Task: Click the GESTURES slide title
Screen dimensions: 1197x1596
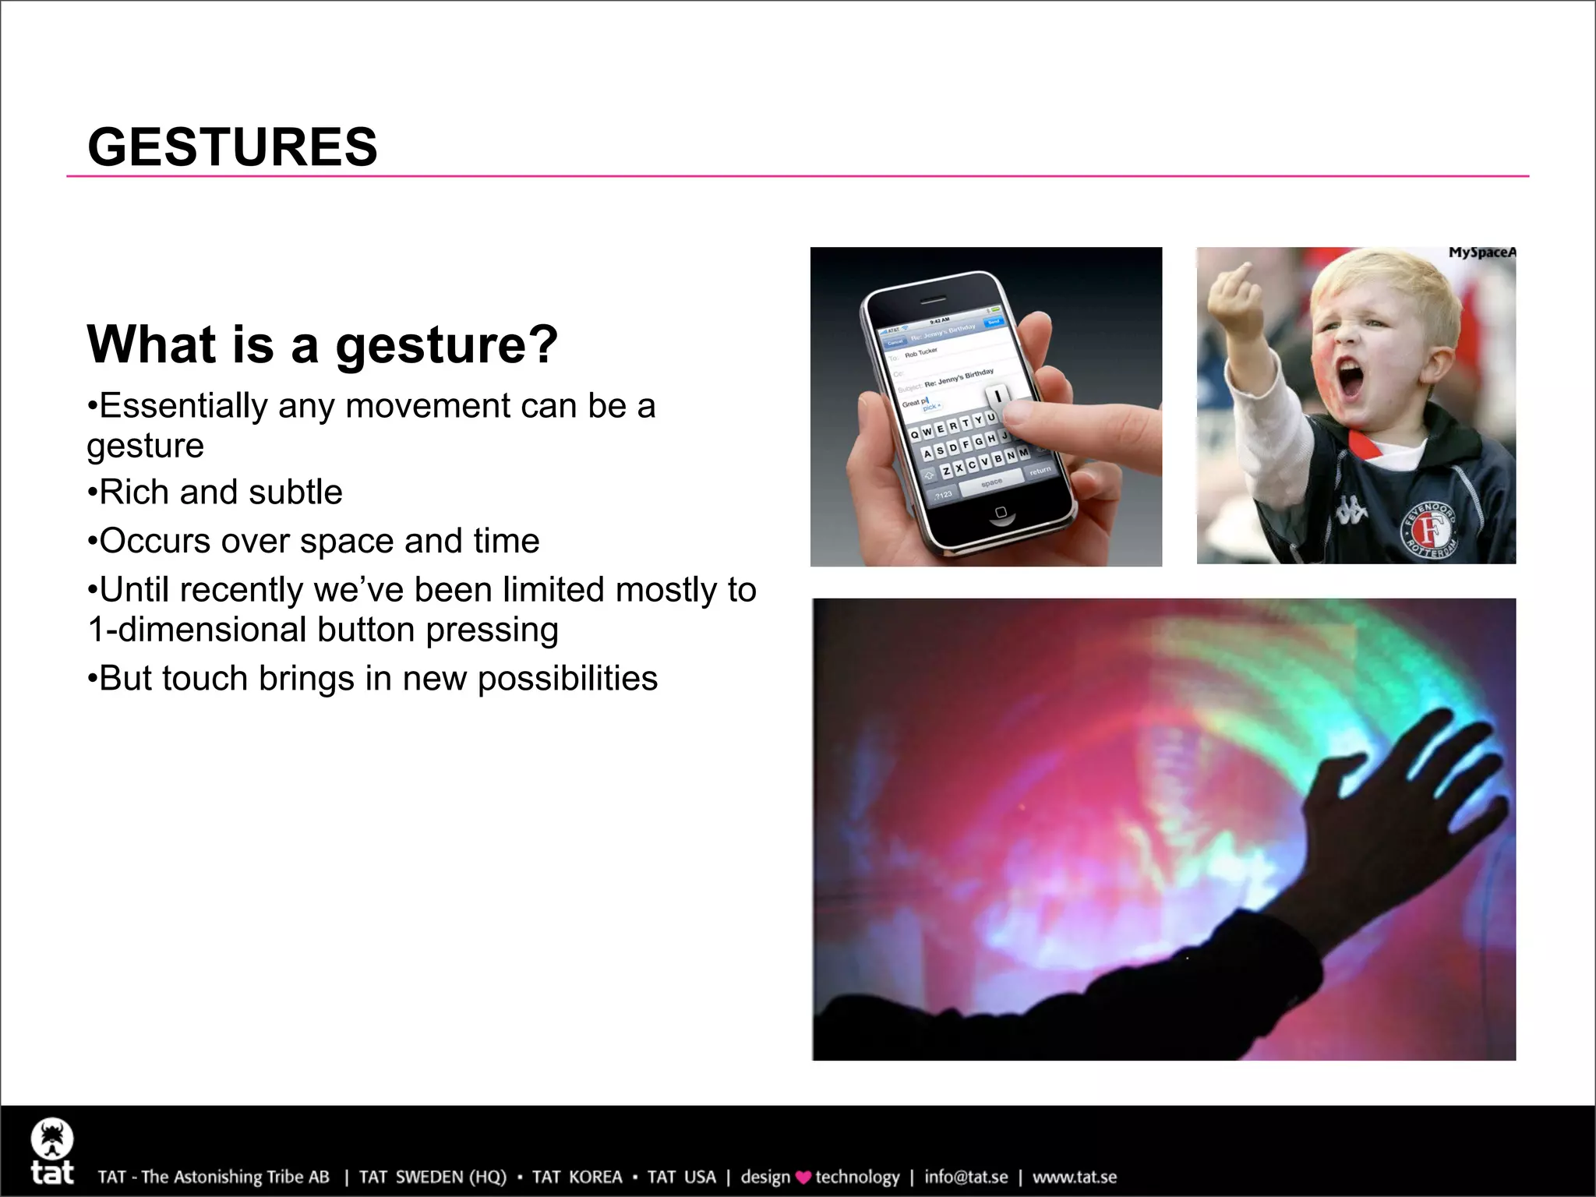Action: coord(232,147)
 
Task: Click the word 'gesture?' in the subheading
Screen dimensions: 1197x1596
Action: coord(447,345)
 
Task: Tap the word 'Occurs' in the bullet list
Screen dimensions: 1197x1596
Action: coord(155,541)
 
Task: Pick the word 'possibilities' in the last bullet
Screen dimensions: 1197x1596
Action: coord(567,678)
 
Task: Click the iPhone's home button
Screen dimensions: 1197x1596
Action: coord(1001,512)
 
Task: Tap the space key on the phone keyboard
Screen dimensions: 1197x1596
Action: coord(991,484)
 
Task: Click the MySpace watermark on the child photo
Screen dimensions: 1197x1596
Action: coord(1481,252)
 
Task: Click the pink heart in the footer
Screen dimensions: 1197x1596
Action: coord(803,1178)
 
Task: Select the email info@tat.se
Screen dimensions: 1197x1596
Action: coord(966,1177)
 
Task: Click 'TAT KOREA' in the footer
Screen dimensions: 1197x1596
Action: coord(577,1177)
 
